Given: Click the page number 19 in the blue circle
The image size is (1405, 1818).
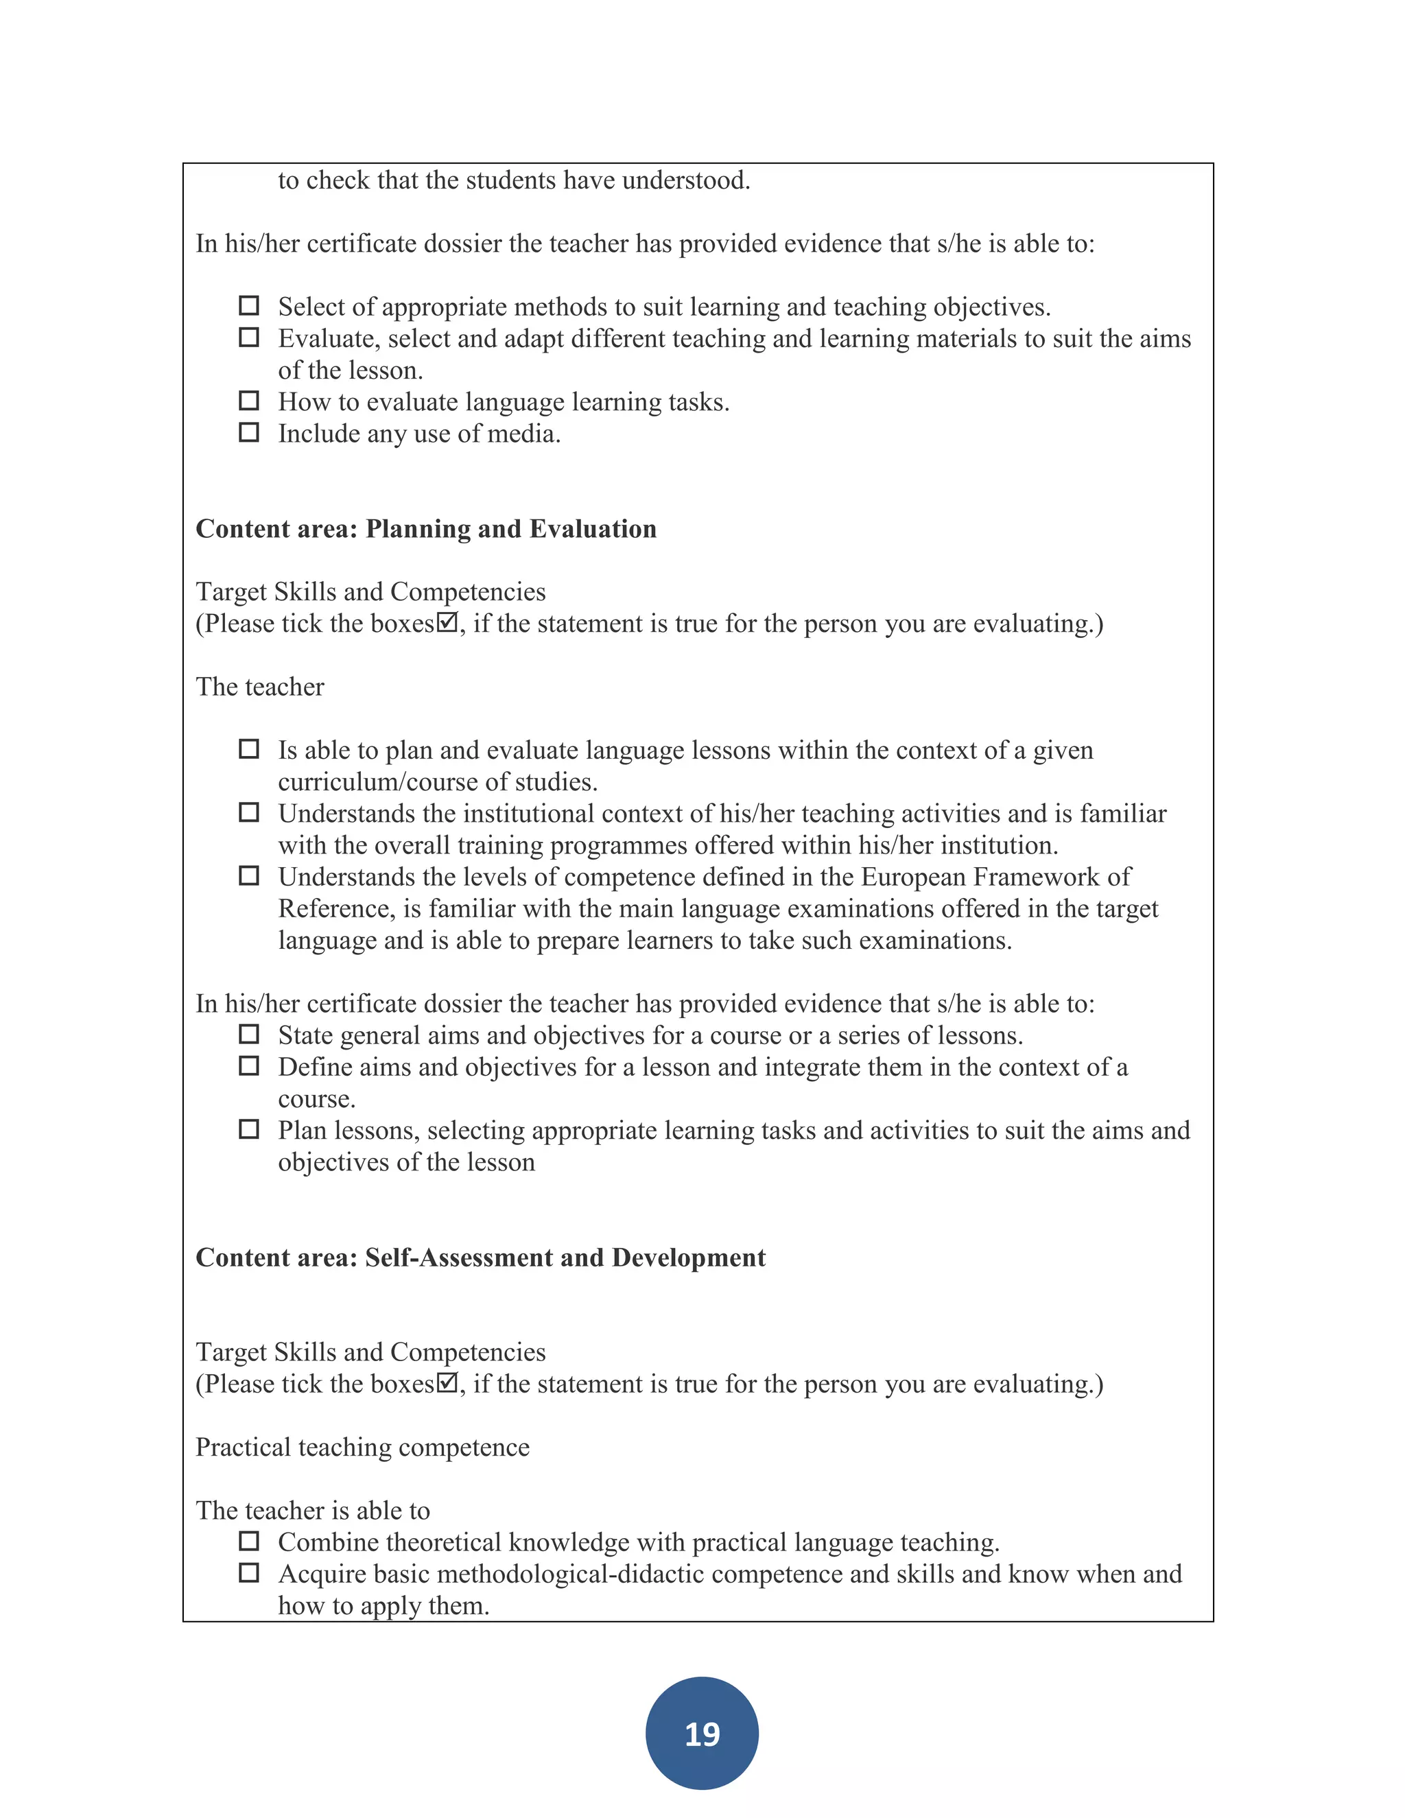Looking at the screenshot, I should tap(702, 1734).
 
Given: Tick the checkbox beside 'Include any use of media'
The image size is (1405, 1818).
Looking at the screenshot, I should tap(249, 432).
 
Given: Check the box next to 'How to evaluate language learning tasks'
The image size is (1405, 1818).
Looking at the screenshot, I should tap(249, 401).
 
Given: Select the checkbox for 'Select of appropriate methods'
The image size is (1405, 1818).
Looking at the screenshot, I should tap(249, 305).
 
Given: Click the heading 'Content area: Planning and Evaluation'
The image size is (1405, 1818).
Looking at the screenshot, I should tap(425, 528).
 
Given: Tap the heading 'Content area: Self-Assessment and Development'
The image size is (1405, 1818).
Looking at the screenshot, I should tap(480, 1257).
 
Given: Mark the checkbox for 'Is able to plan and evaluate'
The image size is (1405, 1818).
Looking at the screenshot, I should tap(249, 748).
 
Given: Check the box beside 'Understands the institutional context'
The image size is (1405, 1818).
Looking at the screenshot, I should tap(249, 812).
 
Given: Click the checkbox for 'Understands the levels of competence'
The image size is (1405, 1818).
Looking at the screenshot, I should tap(249, 875).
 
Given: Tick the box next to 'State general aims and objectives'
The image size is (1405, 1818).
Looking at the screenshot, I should tap(249, 1034).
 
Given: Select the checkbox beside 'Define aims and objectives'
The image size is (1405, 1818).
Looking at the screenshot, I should tap(249, 1065).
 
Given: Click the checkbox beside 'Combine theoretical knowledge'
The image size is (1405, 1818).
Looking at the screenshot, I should tap(249, 1541).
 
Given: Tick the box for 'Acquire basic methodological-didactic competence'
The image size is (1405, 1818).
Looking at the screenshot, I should tap(249, 1572).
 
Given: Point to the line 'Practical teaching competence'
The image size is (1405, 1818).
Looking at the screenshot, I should tap(362, 1448).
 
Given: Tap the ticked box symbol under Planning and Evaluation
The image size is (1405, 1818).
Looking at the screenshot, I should tap(448, 622).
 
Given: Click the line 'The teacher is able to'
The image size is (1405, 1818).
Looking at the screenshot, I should tap(313, 1511).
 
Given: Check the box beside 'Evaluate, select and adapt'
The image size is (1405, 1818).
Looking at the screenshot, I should tap(249, 337).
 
